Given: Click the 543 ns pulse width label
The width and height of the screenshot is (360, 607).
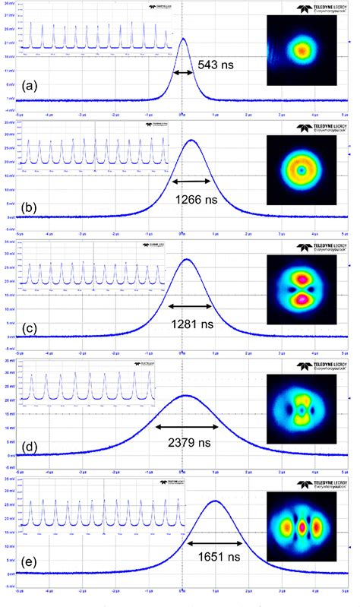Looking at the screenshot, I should coord(217,65).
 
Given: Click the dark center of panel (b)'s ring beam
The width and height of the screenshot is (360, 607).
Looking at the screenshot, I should coord(302,172).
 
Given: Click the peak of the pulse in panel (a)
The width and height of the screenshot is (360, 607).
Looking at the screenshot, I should coord(182,39).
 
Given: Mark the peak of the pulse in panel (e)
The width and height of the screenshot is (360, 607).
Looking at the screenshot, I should coord(215,501).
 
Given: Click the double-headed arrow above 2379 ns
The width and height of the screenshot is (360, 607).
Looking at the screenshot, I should coord(187,427).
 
